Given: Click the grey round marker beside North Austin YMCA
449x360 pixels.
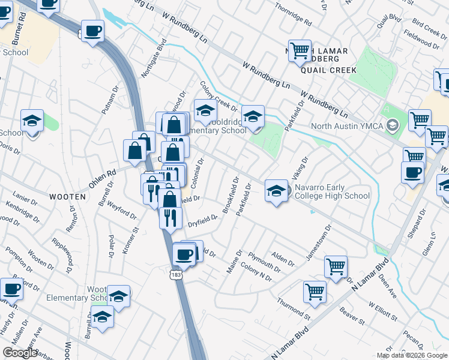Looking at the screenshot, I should point(393,126).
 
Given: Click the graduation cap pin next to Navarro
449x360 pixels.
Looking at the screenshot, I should point(276,191).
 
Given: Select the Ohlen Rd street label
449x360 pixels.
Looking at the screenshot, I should point(103,178).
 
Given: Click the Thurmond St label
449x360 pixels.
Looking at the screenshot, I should point(294,308).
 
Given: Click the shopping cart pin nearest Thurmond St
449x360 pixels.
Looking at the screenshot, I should point(315,292).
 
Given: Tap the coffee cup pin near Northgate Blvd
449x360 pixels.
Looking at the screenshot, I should point(92,31).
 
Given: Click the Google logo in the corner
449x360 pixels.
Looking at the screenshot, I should point(20,353).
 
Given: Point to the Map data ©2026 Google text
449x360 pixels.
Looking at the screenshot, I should point(412,355).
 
